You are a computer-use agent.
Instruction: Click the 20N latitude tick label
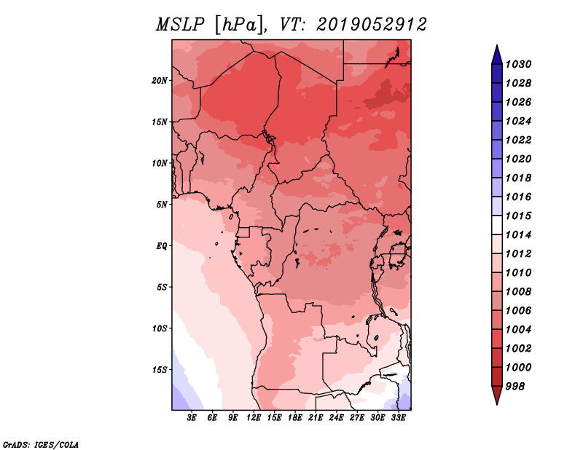coord(160,81)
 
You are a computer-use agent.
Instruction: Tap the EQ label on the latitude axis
coord(162,246)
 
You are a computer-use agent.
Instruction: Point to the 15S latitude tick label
coord(160,370)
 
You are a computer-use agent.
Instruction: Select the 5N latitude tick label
coord(162,205)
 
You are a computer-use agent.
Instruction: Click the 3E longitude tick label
coord(192,418)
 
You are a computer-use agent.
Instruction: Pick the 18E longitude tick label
coord(295,418)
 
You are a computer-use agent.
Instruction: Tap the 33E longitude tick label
coord(398,418)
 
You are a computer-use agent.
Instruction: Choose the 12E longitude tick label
coord(254,418)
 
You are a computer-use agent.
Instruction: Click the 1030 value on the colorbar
coord(518,64)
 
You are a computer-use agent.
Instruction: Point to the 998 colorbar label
coord(515,387)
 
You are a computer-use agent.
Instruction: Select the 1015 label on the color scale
coord(518,216)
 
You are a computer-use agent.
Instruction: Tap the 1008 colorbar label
coord(518,292)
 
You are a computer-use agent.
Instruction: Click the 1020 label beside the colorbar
coord(518,159)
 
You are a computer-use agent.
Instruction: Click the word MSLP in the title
coord(180,25)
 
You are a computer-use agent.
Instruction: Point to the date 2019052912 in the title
coord(372,25)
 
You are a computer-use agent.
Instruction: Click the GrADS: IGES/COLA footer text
coord(41,445)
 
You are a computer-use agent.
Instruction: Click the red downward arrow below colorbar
coord(497,395)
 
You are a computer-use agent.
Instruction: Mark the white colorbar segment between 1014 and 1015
coord(497,225)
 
